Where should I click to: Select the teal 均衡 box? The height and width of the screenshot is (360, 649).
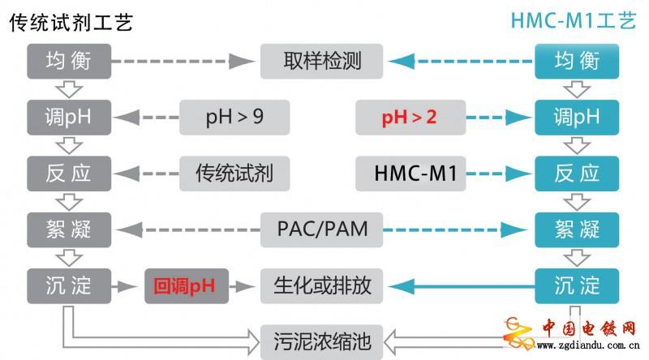click(x=577, y=61)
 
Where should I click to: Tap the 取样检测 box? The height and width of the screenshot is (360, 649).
click(x=322, y=61)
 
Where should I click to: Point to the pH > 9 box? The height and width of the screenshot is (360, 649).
click(x=234, y=118)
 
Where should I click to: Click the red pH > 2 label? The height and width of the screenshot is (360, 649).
click(x=409, y=118)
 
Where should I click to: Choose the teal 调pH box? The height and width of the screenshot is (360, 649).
click(x=577, y=118)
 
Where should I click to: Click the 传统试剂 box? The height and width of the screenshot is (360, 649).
click(x=234, y=174)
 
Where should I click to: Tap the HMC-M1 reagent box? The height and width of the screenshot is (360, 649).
click(x=409, y=174)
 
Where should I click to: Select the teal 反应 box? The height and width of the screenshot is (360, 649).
click(x=577, y=174)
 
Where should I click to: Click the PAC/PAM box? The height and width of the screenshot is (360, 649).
click(x=322, y=229)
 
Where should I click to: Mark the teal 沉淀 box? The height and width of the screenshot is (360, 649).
click(x=577, y=285)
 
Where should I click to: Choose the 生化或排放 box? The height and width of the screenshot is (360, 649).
click(x=322, y=285)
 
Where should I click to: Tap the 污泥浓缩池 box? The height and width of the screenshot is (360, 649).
click(x=322, y=340)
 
